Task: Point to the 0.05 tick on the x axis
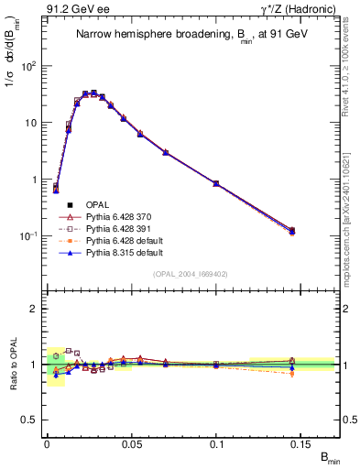coord(131,442)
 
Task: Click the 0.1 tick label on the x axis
coord(216,442)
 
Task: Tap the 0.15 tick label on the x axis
coord(301,442)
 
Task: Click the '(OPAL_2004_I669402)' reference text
coord(190,272)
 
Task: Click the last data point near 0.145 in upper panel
coord(292,231)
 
